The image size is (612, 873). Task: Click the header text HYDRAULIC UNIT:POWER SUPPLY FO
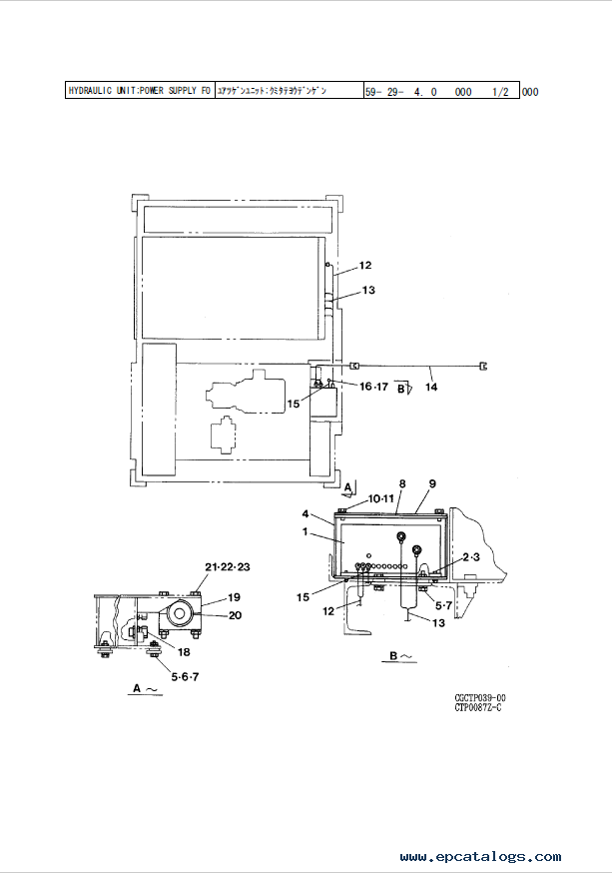click(x=139, y=91)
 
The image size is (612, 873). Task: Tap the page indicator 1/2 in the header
click(x=500, y=91)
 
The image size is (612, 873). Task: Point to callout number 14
click(x=431, y=388)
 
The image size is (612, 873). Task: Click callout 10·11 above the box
click(x=354, y=497)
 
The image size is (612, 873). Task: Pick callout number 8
click(x=402, y=484)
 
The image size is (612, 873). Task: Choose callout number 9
click(x=432, y=484)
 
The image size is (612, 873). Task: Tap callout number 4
click(x=306, y=515)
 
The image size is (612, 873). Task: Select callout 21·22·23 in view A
click(x=227, y=566)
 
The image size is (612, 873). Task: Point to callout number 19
click(x=234, y=597)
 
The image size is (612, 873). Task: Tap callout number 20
click(x=234, y=615)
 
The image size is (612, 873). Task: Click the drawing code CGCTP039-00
click(x=480, y=698)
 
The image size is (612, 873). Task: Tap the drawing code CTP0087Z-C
click(x=478, y=708)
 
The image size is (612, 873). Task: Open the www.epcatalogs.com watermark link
click(x=480, y=857)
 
